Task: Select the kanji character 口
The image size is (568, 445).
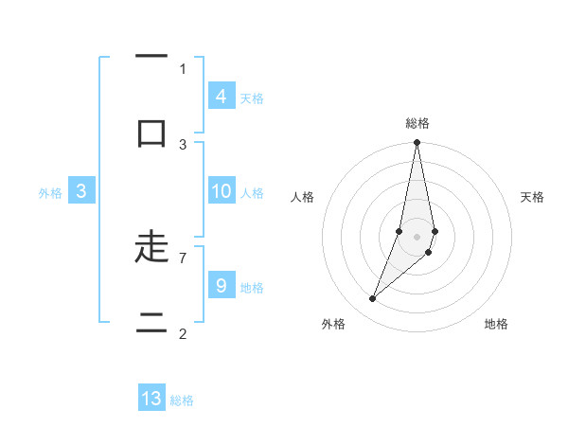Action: pos(151,133)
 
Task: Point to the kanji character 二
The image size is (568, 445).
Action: pos(151,323)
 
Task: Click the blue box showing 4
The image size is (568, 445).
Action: pos(222,96)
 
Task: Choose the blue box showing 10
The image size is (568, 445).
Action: pos(222,191)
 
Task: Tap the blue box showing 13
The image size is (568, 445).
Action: pos(151,399)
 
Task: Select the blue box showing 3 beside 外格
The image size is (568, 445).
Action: pos(81,191)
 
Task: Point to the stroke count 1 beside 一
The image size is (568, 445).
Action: pos(183,68)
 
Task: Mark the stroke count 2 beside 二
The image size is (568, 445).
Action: pos(183,333)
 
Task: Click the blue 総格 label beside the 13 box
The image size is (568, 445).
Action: pos(182,400)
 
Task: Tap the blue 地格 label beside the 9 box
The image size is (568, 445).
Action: pos(252,288)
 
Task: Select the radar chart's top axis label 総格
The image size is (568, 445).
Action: pos(417,123)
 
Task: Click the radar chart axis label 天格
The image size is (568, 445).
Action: pos(532,197)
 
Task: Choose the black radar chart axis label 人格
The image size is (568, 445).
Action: pos(303,197)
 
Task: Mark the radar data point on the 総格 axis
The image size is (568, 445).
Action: pos(417,143)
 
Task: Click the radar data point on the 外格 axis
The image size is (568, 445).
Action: pos(373,298)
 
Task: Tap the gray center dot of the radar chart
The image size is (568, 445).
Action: pos(417,236)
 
